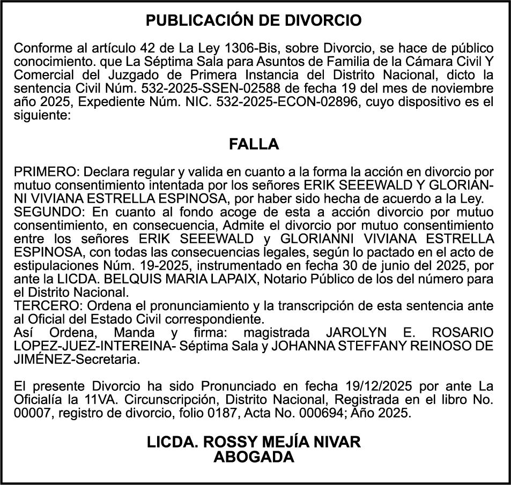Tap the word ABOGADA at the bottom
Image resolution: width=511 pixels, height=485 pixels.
pos(254,457)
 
